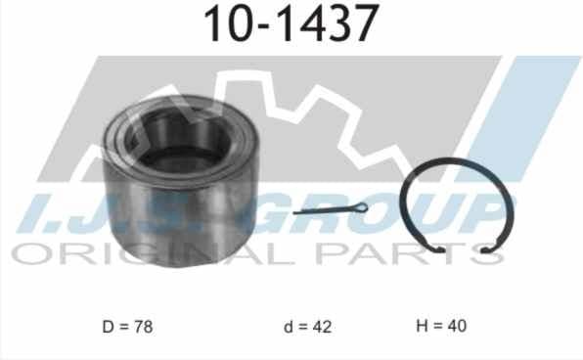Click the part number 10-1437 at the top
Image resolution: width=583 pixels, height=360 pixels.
pos(291,23)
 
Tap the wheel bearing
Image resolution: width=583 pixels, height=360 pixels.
pos(180,181)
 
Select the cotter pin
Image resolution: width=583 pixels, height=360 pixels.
pos(331,209)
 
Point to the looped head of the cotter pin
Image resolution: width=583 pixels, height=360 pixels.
pos(361,207)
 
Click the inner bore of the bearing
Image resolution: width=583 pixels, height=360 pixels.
pos(178,138)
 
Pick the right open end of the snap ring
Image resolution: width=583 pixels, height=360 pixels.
pos(486,249)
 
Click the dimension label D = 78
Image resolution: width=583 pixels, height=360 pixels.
pos(127,327)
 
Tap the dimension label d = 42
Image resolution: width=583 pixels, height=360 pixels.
pos(307,327)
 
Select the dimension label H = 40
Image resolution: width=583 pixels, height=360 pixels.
pos(441,326)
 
